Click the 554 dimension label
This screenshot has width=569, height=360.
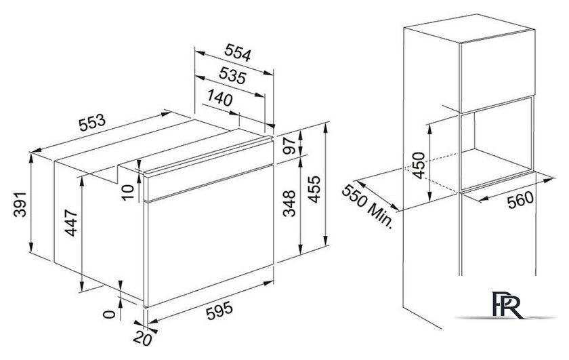pyautogui.click(x=238, y=53)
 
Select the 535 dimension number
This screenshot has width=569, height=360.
pyautogui.click(x=232, y=76)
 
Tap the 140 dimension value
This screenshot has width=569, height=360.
pyautogui.click(x=220, y=98)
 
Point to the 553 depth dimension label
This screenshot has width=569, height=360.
pyautogui.click(x=92, y=123)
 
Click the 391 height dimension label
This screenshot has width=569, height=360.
pyautogui.click(x=20, y=205)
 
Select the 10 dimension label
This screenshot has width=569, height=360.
pyautogui.click(x=128, y=192)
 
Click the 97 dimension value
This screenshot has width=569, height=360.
pyautogui.click(x=290, y=146)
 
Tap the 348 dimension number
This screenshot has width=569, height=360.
pyautogui.click(x=289, y=203)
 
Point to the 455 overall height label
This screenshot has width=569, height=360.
pyautogui.click(x=314, y=189)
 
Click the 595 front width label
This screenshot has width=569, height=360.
pyautogui.click(x=219, y=311)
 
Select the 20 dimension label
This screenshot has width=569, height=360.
pyautogui.click(x=142, y=339)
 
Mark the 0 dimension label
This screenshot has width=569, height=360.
pyautogui.click(x=108, y=315)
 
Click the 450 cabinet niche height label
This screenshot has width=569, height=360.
pyautogui.click(x=419, y=165)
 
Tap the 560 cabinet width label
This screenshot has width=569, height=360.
pyautogui.click(x=521, y=200)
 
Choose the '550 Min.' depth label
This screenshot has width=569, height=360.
pyautogui.click(x=368, y=207)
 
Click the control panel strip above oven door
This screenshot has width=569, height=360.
pyautogui.click(x=209, y=170)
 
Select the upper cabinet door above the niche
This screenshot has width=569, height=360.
pyautogui.click(x=497, y=71)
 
